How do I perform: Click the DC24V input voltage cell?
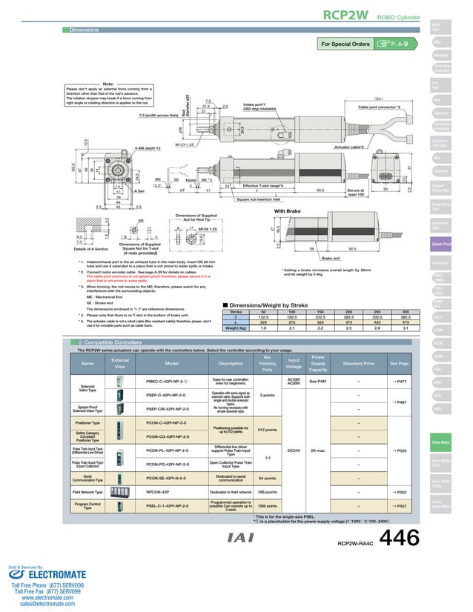pyautogui.click(x=293, y=450)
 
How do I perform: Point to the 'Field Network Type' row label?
pyautogui.click(x=87, y=490)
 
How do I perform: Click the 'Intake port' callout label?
pyautogui.click(x=259, y=104)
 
